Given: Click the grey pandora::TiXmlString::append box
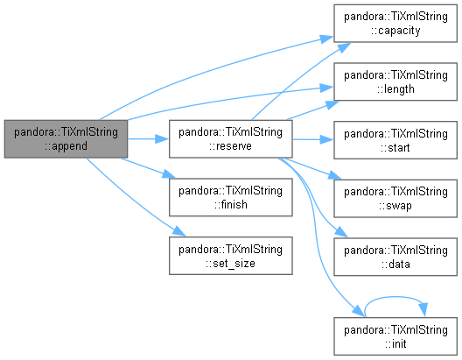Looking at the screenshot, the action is tap(66, 139).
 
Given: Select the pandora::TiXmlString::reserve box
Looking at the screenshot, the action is tap(231, 139).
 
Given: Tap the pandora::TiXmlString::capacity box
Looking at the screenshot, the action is tap(395, 24).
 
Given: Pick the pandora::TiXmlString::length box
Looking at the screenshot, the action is tap(395, 81).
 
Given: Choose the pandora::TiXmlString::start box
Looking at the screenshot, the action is tap(395, 140).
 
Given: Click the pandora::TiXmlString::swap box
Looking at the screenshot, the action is tap(395, 199).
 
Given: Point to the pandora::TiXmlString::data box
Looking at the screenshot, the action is tap(395, 257).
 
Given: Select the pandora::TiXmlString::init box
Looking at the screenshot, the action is tap(395, 336).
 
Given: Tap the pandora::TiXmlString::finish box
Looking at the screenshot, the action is tap(231, 197).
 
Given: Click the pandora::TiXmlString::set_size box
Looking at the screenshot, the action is tap(231, 256).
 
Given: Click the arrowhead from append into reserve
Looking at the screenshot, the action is tap(162, 139).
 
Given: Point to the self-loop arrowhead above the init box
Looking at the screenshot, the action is tap(423, 310).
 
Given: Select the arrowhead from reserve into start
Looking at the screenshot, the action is tap(326, 140).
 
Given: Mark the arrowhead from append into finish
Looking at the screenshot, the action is tap(169, 174).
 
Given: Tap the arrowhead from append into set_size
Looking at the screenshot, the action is tap(179, 231).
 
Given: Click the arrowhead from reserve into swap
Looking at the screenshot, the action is tap(334, 175).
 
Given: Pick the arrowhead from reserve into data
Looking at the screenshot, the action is tap(341, 232).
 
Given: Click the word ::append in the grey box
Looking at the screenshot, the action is tap(66, 146).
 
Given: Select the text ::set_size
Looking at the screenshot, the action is tap(230, 263).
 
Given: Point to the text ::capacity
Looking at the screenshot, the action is tap(395, 31).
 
